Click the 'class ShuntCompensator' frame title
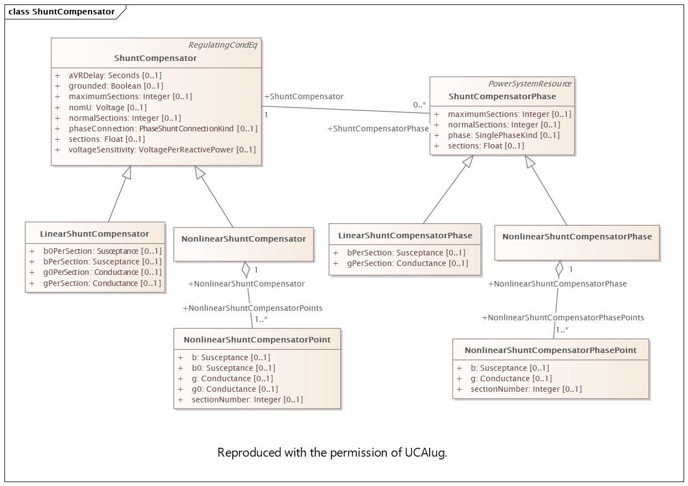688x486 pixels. tap(62, 12)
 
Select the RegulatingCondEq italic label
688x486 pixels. tap(223, 45)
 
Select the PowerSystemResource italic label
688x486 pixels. tap(530, 84)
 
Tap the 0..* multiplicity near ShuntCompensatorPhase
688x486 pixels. tap(419, 105)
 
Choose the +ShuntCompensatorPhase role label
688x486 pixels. tap(378, 129)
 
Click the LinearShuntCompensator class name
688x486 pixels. tap(94, 234)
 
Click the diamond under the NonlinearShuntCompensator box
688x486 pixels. tap(246, 269)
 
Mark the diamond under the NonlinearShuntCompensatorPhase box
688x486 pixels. tap(559, 269)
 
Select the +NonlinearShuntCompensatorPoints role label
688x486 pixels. tap(252, 308)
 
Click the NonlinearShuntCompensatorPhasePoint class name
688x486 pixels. tap(551, 350)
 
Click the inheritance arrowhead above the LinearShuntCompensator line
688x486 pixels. tap(127, 172)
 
